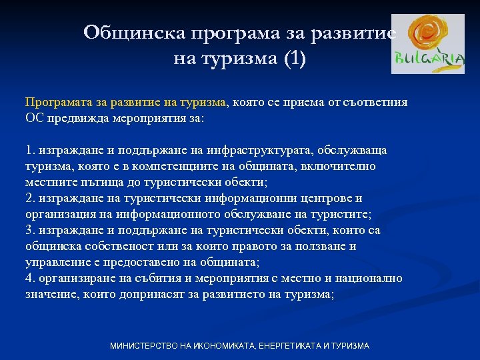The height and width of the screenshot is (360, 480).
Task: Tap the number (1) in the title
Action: pos(294,59)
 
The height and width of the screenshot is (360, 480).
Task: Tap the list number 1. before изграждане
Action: pos(30,150)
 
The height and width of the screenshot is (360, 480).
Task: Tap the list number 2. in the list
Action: pos(30,198)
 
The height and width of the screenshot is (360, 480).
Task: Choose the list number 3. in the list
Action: pos(30,230)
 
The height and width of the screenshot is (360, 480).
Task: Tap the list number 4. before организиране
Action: pos(30,278)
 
